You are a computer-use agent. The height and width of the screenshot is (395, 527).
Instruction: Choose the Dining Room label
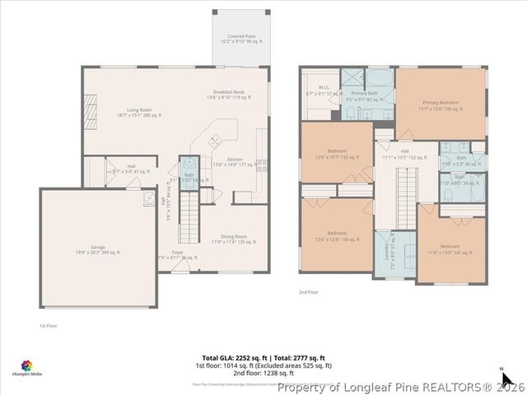tap(235, 239)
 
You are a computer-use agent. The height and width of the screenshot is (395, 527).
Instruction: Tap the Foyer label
tap(177, 254)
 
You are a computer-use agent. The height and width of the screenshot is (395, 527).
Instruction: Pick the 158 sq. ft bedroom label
tap(337, 235)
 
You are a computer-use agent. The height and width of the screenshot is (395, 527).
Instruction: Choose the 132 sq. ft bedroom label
tap(337, 153)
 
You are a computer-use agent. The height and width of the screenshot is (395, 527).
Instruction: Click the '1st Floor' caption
tap(48, 326)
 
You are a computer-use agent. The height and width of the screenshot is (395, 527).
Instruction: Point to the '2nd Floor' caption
tap(308, 292)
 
